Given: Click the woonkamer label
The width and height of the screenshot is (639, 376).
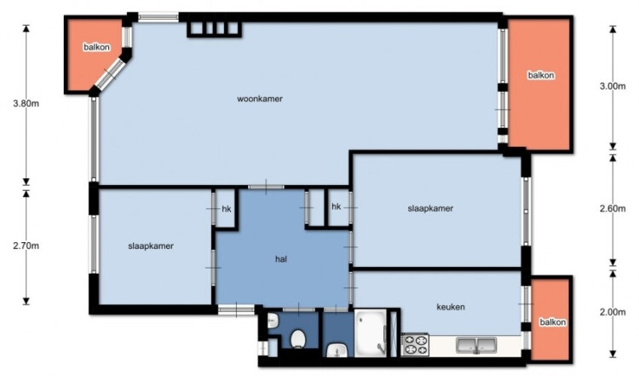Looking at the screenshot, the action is pos(260,99).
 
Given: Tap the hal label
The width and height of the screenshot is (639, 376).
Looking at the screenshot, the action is pos(281,259).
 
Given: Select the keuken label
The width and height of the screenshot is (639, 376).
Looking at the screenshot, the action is pos(451,307).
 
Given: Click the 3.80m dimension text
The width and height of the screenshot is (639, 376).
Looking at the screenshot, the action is pos(26,103).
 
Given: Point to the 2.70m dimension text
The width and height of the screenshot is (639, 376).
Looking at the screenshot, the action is pos(26,246).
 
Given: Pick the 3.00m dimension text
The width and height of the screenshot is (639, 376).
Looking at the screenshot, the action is pos(613,86).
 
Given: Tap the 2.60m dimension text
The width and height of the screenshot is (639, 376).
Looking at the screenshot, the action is pos(613,208).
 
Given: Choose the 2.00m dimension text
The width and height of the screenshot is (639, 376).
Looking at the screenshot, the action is pos(613,312).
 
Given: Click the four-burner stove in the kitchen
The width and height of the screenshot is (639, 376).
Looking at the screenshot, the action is pos(415,344).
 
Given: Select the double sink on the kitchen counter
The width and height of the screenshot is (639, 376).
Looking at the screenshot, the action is pos(476,345).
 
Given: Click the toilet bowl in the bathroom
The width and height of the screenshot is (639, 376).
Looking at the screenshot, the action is pos(298,339).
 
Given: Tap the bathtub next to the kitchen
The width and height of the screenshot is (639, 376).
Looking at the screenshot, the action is pos(371,333).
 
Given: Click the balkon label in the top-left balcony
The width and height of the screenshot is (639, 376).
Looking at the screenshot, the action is pos(96,47).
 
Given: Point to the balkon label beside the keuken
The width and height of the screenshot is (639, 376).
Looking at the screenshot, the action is pos(553,322).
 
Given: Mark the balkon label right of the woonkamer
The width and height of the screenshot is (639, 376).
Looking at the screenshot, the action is pos(541,75).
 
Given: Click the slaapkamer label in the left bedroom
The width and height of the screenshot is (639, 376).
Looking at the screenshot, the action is pos(151,246).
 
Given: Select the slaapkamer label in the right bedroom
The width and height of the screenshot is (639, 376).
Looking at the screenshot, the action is pos(430,208).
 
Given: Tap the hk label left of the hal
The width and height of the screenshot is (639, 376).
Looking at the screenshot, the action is pos(227,209).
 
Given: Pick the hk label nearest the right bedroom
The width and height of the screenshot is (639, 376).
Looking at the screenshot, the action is pos(337,206).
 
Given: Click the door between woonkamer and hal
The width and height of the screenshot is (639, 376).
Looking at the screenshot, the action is pos(266,188).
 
